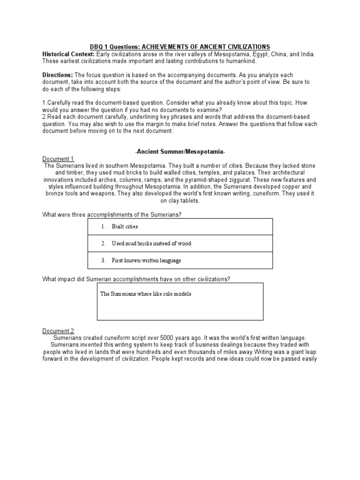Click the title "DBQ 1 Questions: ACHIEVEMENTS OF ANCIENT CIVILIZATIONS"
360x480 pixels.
tap(180, 46)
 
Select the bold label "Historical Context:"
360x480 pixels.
tap(68, 54)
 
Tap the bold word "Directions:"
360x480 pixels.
tap(58, 75)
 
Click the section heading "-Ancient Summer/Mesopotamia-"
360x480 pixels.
tap(180, 152)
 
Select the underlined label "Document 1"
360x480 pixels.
tap(58, 159)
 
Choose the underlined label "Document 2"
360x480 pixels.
tap(58, 330)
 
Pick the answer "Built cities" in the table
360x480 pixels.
tap(125, 226)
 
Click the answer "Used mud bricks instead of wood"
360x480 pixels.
tap(151, 243)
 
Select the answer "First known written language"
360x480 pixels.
tap(146, 260)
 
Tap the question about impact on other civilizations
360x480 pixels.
tap(136, 279)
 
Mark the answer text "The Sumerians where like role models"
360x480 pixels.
tap(146, 294)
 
